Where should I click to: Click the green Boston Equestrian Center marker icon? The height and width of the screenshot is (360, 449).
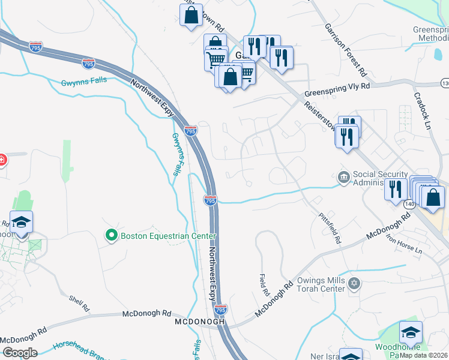[111, 235]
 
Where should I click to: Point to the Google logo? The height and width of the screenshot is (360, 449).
[20, 352]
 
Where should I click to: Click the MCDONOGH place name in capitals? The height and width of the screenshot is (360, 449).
[199, 322]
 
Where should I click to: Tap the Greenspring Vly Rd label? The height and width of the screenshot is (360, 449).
[337, 86]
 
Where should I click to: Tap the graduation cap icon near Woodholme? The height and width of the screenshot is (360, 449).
[411, 332]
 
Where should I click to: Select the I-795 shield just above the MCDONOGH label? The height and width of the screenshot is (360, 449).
[220, 310]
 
